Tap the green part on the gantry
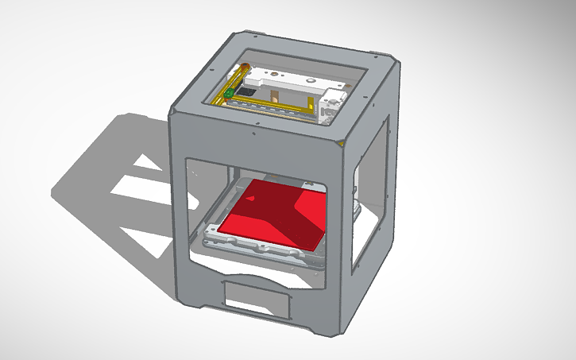(229, 95)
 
